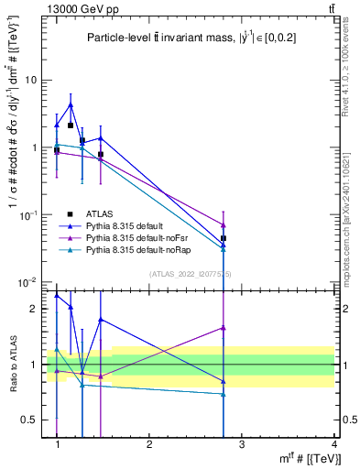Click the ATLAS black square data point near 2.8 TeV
[x=224, y=238]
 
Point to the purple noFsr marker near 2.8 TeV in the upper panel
[x=224, y=224]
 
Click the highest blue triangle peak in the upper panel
[x=70, y=105]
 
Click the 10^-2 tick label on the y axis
[x=29, y=282]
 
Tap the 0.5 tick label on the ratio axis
[x=30, y=420]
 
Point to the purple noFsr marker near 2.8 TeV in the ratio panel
[x=224, y=327]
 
